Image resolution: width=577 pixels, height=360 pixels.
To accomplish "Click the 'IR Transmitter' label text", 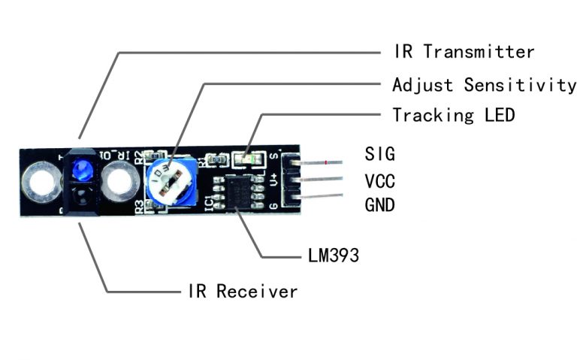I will [464, 52].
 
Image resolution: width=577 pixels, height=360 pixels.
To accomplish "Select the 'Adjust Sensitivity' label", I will [484, 84].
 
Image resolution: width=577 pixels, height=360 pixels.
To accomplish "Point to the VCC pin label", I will [379, 181].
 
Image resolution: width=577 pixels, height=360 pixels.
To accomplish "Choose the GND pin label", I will [379, 204].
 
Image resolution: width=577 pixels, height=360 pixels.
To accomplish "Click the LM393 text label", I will [334, 256].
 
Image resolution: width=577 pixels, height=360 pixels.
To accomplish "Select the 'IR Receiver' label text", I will [242, 291].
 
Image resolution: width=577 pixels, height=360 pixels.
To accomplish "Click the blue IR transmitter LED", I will [81, 169].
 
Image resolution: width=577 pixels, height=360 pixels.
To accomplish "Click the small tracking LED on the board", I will [245, 159].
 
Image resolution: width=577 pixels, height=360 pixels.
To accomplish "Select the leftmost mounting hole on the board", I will [38, 182].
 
